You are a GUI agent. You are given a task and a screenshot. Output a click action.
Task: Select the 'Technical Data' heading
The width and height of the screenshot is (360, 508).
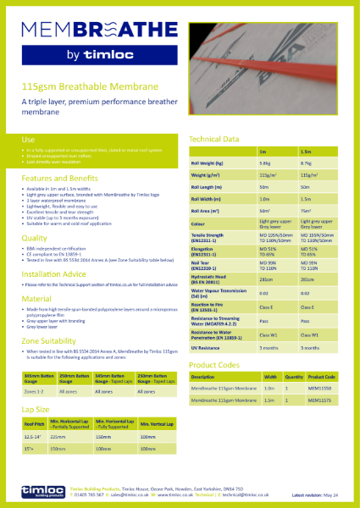click(x=215, y=138)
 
